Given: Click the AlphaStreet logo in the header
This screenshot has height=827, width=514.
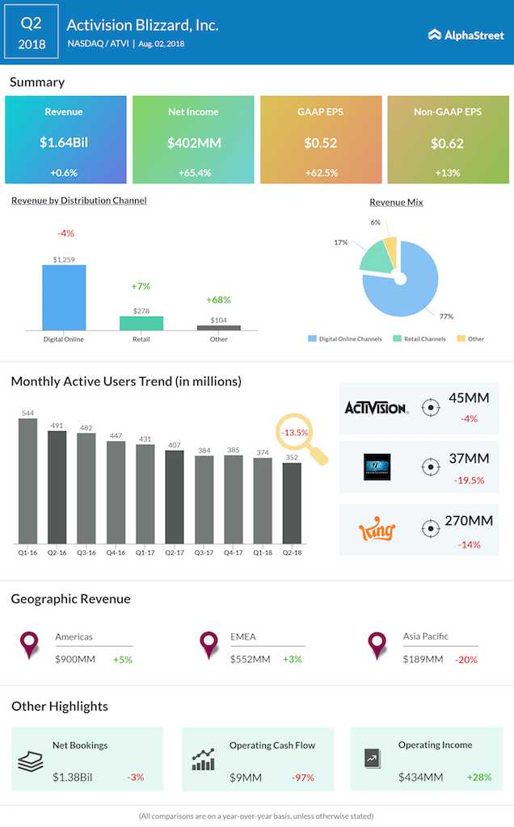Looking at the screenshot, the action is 466,36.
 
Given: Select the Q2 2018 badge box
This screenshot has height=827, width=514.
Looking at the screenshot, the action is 32,31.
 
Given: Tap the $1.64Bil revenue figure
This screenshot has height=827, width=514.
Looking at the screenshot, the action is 64,142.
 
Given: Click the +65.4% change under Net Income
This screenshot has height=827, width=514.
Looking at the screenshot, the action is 194,173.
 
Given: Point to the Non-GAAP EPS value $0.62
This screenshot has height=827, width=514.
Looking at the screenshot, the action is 447,143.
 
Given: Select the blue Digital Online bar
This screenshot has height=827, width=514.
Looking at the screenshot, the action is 64,297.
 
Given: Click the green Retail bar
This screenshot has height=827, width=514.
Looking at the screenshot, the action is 141,323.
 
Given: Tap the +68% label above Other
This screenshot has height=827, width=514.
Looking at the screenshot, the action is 218,300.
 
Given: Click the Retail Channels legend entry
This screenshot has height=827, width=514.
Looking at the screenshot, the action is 419,338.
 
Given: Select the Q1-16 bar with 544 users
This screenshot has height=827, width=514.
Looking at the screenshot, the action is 28,481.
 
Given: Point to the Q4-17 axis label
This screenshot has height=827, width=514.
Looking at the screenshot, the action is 234,552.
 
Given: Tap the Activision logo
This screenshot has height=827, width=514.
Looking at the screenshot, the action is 377,408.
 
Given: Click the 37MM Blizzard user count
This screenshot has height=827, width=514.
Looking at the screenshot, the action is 469,459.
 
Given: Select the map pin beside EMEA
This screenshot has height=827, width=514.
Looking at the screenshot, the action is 209,645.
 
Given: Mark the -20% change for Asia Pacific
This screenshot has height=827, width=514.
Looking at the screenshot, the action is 466,660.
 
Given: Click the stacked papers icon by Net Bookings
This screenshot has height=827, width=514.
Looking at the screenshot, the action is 31,761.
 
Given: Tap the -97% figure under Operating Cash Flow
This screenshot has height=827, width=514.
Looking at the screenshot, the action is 303,778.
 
